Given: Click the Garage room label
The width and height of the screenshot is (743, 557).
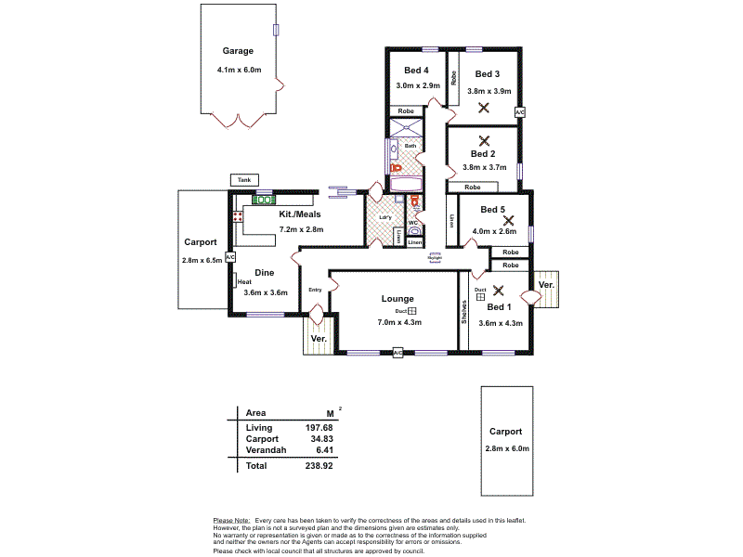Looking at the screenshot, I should pyautogui.click(x=237, y=51).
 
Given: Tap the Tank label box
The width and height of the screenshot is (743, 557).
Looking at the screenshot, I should pyautogui.click(x=244, y=180).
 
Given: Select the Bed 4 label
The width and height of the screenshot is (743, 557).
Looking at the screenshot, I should pyautogui.click(x=416, y=70).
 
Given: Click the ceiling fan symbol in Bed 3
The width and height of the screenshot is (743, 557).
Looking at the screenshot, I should pyautogui.click(x=483, y=108).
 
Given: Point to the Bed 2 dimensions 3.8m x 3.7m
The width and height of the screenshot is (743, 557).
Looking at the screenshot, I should pyautogui.click(x=483, y=168).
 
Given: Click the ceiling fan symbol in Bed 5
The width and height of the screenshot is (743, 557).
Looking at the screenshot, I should pyautogui.click(x=507, y=220).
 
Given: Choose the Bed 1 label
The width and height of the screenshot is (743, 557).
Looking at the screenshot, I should pyautogui.click(x=499, y=306).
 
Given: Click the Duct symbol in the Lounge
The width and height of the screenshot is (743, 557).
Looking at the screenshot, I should pyautogui.click(x=413, y=311).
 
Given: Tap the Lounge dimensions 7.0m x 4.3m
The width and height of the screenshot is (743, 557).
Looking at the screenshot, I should pyautogui.click(x=400, y=323).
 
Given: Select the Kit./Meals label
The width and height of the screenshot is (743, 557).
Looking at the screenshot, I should pyautogui.click(x=300, y=214).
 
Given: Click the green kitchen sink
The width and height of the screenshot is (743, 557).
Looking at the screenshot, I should pyautogui.click(x=263, y=200).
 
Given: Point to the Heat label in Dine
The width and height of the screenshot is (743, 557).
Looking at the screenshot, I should pyautogui.click(x=244, y=282).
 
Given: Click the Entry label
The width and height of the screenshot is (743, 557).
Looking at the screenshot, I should pyautogui.click(x=315, y=290).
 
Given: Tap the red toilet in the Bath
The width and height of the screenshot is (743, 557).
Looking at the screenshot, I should pyautogui.click(x=394, y=168).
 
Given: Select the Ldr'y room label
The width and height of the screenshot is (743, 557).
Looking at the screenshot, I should pyautogui.click(x=385, y=218).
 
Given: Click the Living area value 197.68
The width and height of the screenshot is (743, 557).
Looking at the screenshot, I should pyautogui.click(x=319, y=427).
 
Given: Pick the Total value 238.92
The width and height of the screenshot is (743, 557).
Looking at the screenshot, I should pyautogui.click(x=319, y=465).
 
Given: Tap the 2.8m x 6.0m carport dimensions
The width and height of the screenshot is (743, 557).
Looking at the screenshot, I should pyautogui.click(x=506, y=448).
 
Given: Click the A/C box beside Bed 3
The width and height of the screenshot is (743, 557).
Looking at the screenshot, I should pyautogui.click(x=519, y=112).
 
